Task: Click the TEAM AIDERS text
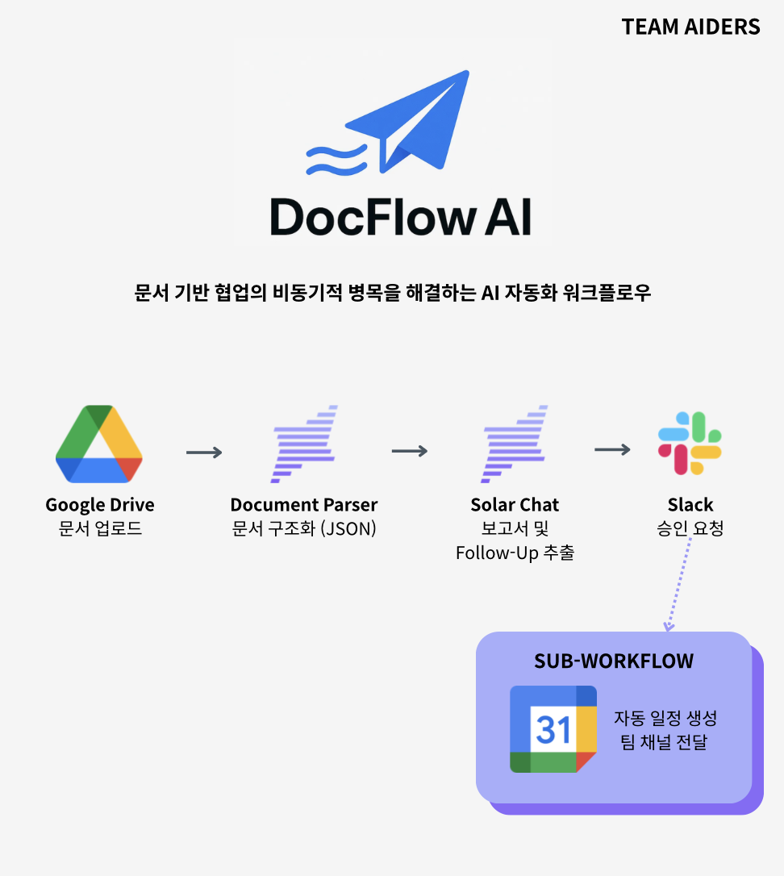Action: [690, 27]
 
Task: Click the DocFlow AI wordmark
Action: [401, 216]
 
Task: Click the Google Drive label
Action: [100, 505]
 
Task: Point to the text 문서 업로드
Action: [100, 530]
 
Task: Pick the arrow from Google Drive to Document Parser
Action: [204, 453]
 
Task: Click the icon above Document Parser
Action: [303, 444]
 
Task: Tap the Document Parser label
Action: [303, 505]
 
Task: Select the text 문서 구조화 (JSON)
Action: [303, 530]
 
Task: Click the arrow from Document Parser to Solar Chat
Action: [410, 450]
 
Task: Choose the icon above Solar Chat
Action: [514, 444]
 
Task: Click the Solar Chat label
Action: [515, 505]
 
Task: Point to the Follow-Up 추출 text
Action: [515, 553]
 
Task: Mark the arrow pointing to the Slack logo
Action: [612, 449]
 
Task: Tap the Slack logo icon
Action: [690, 443]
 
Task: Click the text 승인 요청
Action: [690, 530]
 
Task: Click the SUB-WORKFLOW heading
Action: [614, 661]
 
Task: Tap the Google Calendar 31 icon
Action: [553, 729]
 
